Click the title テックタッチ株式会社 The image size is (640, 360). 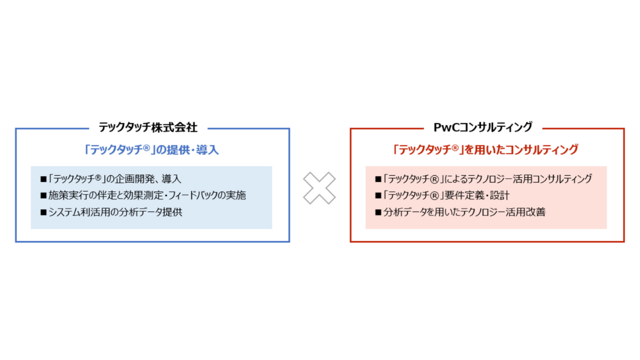tap(148, 127)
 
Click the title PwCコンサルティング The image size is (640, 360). tap(483, 127)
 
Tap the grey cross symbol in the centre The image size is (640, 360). tap(319, 188)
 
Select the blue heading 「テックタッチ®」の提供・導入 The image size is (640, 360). tap(151, 150)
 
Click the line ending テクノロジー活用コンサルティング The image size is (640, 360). tap(483, 179)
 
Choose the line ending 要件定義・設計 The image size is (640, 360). tap(442, 195)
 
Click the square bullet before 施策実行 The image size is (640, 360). tap(44, 196)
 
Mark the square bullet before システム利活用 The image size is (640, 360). tap(44, 212)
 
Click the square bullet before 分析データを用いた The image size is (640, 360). tap(379, 212)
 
